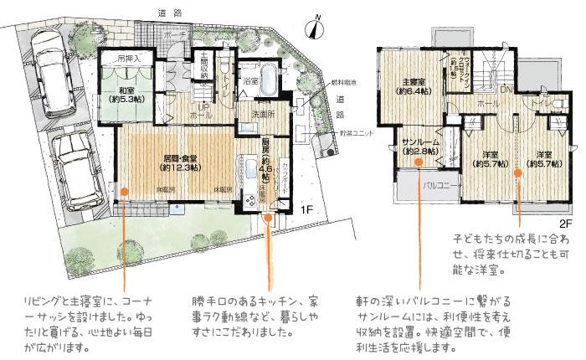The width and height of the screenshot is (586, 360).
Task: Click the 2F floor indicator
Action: coord(564,224)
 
